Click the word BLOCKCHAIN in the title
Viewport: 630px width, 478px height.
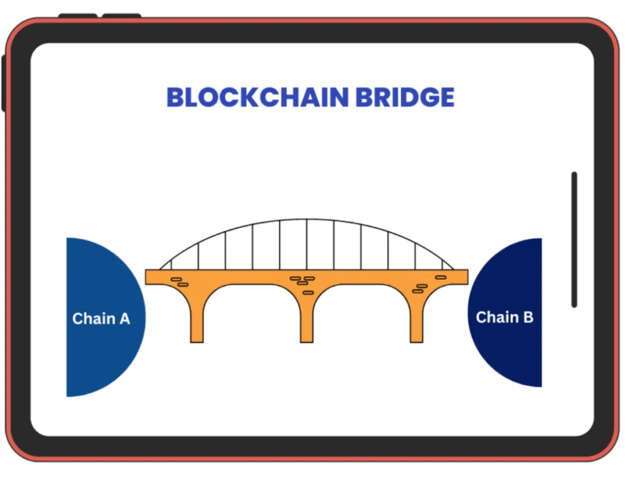pyautogui.click(x=258, y=97)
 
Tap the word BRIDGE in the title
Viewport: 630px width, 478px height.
pyautogui.click(x=405, y=97)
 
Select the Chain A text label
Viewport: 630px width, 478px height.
pyautogui.click(x=102, y=319)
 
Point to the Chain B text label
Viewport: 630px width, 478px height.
pyautogui.click(x=504, y=317)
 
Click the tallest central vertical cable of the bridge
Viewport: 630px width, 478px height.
pyautogui.click(x=307, y=244)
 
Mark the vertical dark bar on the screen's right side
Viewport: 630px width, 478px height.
pyautogui.click(x=574, y=240)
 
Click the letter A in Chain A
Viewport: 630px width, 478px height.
pyautogui.click(x=124, y=319)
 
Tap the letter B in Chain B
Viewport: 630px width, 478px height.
pyautogui.click(x=528, y=317)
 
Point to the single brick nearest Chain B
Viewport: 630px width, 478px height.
pyautogui.click(x=441, y=277)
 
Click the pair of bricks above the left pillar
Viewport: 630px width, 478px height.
pyautogui.click(x=180, y=282)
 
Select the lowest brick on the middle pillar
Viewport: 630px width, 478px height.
pyautogui.click(x=308, y=293)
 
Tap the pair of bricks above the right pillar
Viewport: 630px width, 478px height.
pyautogui.click(x=420, y=289)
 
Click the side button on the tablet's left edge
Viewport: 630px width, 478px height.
pyautogui.click(x=4, y=83)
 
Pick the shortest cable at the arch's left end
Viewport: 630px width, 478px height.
pyautogui.click(x=171, y=265)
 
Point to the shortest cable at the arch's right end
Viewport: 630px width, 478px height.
pyautogui.click(x=442, y=265)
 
